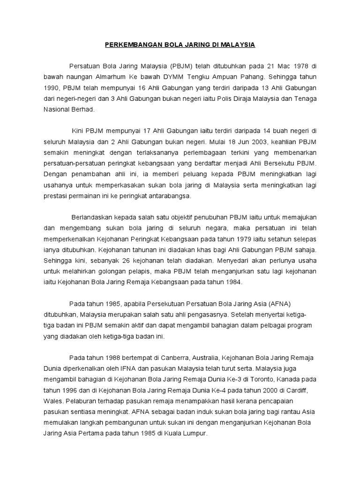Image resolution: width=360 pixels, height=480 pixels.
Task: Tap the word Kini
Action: click(x=78, y=131)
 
